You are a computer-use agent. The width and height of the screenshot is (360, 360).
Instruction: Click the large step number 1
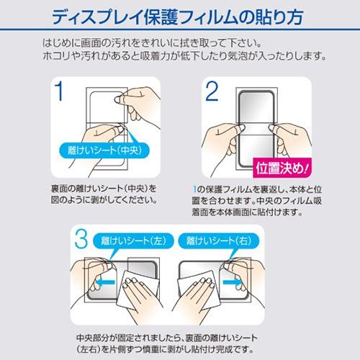click(x=58, y=91)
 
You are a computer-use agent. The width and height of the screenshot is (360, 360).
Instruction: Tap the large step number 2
click(x=212, y=91)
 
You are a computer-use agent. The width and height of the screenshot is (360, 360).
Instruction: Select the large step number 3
click(x=81, y=238)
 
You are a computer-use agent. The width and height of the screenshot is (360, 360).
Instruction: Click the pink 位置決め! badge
click(x=282, y=168)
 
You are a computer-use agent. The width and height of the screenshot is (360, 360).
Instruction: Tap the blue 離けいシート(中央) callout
click(x=104, y=150)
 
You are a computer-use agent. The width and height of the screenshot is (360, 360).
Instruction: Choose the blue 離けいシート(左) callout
click(x=133, y=240)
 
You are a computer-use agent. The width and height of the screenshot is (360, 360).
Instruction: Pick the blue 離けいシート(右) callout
click(x=219, y=240)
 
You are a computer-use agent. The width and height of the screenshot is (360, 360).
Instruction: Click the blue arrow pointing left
click(x=105, y=282)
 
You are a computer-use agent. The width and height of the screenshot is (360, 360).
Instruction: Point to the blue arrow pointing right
click(x=233, y=282)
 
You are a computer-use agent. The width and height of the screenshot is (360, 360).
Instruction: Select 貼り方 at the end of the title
click(x=281, y=17)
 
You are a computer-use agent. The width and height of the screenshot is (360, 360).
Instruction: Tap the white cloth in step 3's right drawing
click(x=199, y=290)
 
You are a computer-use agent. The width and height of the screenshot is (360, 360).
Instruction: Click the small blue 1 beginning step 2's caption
click(x=194, y=189)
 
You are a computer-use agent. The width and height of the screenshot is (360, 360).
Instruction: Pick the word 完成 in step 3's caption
click(x=225, y=349)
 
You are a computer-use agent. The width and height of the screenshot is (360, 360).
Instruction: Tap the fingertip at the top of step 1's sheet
click(x=118, y=99)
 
